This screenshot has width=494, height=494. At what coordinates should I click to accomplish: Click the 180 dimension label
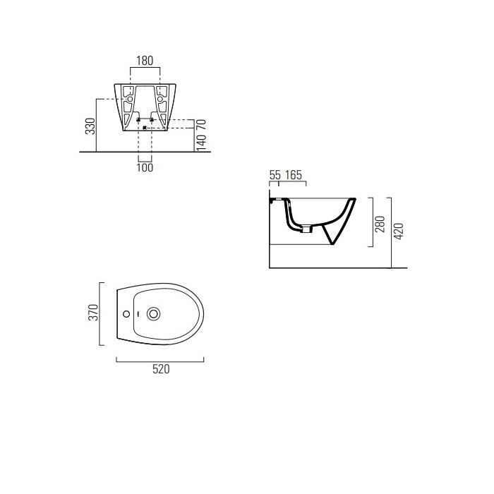coord(145,61)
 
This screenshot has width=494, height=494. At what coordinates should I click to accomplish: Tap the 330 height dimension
coord(90,126)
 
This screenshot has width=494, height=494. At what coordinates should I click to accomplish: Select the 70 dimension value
coord(201,124)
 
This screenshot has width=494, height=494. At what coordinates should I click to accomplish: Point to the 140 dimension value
coord(201,142)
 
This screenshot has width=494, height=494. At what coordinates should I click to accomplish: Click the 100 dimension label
coord(145,168)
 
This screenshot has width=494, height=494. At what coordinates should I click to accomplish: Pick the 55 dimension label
coord(275,175)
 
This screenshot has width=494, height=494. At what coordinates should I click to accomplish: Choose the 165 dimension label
coord(294,175)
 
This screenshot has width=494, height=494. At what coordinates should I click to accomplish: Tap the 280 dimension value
coord(380,224)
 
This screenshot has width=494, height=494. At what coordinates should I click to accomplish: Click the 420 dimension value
coord(399,231)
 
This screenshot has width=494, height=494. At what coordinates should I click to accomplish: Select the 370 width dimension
coord(93,312)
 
